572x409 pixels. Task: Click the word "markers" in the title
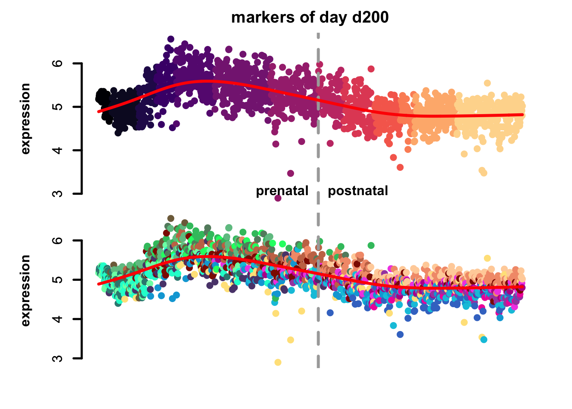click(x=257, y=17)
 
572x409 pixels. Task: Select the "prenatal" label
click(x=282, y=190)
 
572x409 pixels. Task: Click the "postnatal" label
click(x=358, y=190)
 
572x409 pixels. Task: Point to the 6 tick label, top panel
click(x=59, y=63)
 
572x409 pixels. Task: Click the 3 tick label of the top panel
click(x=59, y=193)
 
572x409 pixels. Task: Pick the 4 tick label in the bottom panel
click(x=59, y=319)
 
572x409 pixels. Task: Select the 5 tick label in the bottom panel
click(x=59, y=279)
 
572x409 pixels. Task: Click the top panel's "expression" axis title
click(x=26, y=118)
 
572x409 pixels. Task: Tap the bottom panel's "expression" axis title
click(x=26, y=291)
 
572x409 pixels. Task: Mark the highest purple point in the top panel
click(x=171, y=39)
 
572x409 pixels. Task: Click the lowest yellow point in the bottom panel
click(x=278, y=362)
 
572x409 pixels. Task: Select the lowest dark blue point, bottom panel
click(x=400, y=334)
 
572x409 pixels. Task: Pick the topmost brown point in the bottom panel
click(x=171, y=219)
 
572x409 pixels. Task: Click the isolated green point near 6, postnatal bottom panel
click(x=371, y=245)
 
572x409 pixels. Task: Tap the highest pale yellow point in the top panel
click(x=487, y=83)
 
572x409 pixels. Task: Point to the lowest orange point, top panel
click(x=400, y=167)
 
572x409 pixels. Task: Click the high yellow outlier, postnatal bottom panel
click(x=487, y=258)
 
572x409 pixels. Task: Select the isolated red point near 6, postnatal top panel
click(x=371, y=69)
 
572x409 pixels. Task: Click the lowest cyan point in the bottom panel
click(x=484, y=340)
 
